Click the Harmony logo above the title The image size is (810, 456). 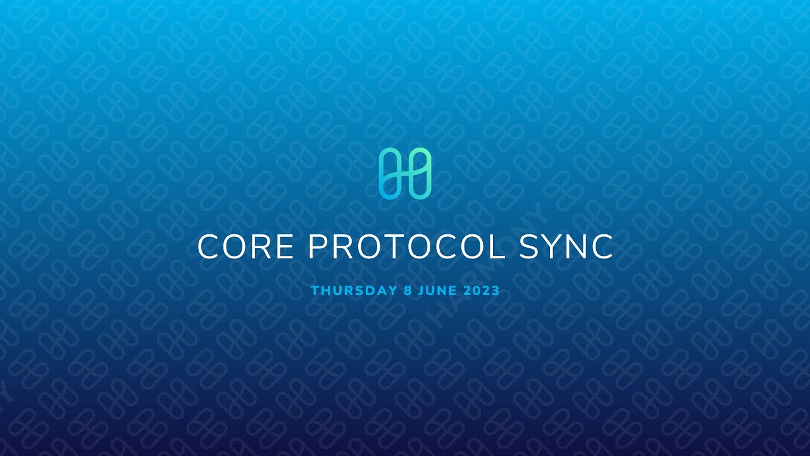[x=405, y=174]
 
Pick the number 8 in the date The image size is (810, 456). [x=408, y=291]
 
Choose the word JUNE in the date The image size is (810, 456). [x=438, y=291]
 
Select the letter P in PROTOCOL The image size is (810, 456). [x=318, y=247]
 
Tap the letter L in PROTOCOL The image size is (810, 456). [x=497, y=247]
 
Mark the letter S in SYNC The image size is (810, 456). [x=528, y=247]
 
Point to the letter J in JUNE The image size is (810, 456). [x=421, y=291]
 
